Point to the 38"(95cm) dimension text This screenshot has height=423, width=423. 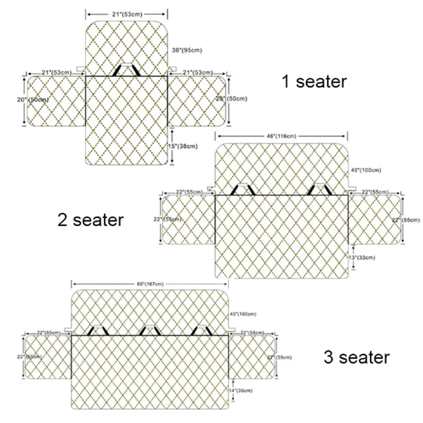pos(188,51)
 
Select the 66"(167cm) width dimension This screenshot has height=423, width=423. pos(150,285)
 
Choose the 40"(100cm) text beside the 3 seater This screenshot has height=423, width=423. pos(244,314)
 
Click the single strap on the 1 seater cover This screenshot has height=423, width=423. pos(126,70)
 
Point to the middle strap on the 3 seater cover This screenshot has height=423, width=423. pos(150,330)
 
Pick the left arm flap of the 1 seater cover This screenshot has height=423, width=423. pos(56,100)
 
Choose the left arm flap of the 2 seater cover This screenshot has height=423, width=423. pos(187,219)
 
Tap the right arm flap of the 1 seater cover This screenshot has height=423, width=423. pos(197,100)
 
